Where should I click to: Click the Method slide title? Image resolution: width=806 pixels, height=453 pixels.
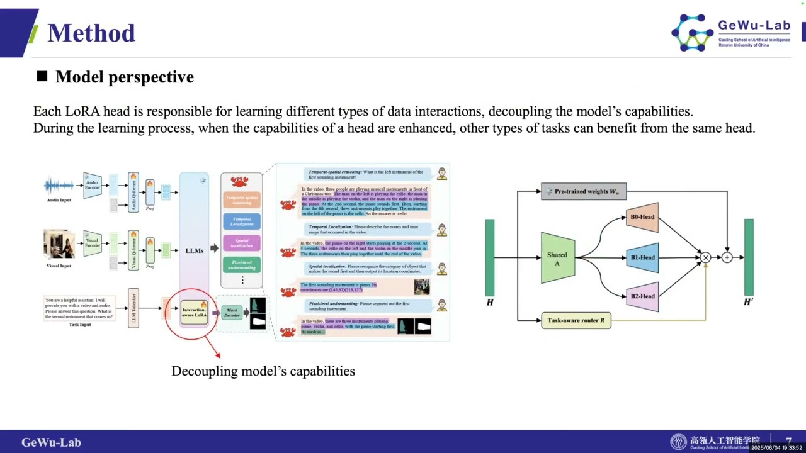(x=91, y=33)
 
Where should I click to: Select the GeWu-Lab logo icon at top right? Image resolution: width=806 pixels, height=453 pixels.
(x=692, y=33)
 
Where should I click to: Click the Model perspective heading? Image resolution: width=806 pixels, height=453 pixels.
(x=124, y=77)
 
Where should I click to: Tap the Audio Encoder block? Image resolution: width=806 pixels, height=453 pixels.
(x=93, y=185)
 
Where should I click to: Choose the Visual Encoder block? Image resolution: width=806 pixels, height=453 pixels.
(x=93, y=243)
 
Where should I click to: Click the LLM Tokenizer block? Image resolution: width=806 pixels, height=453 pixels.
(x=133, y=308)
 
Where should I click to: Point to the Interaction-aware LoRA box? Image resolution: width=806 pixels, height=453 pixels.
(x=194, y=312)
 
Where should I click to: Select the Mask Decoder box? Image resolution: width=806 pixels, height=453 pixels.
(x=232, y=312)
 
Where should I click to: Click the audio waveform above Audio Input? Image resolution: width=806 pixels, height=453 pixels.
(x=59, y=186)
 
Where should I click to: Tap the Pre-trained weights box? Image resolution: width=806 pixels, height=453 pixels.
(x=584, y=191)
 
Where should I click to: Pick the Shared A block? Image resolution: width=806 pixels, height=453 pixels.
(x=557, y=257)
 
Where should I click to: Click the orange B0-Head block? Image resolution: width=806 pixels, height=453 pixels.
(x=642, y=217)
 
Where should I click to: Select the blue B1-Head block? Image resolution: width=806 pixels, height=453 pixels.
(x=642, y=257)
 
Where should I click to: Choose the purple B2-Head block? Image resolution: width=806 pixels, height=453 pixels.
(x=642, y=296)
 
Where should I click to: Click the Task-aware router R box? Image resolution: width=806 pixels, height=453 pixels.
(x=576, y=320)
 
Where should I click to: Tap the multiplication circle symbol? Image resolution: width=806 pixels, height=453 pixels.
(x=705, y=257)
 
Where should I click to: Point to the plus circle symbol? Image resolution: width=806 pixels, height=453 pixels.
(x=727, y=257)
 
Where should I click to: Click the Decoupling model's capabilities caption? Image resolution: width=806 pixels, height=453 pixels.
(x=263, y=371)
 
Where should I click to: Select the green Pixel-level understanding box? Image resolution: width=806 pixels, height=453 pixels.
(x=242, y=264)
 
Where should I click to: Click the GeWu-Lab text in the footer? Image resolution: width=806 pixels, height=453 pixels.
(x=51, y=442)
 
